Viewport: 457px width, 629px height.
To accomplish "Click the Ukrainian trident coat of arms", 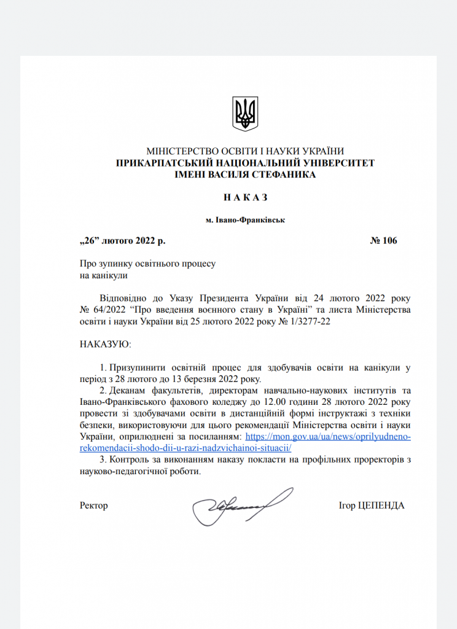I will coord(245,113).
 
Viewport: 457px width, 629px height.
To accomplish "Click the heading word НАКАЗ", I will coord(245,197).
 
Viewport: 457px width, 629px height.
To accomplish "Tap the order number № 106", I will coord(384,240).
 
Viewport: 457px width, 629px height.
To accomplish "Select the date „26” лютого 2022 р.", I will coord(122,240).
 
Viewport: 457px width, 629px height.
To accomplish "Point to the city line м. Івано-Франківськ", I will coord(245,219).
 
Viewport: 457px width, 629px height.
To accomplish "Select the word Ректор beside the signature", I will coord(93,506).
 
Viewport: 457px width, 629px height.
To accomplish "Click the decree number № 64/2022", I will coord(101,308).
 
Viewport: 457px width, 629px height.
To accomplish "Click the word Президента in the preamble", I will coord(227,297).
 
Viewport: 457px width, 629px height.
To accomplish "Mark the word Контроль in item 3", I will coord(135,460).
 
